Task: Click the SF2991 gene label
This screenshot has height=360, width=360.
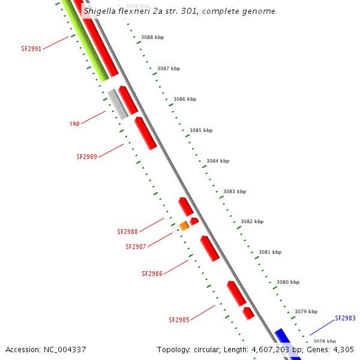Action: pos(31,49)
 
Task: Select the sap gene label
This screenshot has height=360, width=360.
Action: pos(74,123)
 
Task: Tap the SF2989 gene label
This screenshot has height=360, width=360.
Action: pos(86,157)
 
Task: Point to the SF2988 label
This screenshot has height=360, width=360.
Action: pos(127,232)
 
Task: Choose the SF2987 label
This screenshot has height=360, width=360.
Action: pos(136,247)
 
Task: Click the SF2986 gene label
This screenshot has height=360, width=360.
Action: pos(152,274)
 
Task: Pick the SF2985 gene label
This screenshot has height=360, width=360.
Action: pos(179,320)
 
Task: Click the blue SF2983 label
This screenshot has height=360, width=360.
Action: pos(345,318)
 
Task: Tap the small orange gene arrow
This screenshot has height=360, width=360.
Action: pos(184,226)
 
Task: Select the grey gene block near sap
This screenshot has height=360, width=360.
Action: pos(118,104)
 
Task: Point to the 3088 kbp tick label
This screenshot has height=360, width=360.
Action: pos(152,37)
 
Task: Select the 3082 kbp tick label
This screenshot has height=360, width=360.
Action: pos(252,221)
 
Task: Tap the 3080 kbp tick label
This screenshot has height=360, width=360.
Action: pos(288,282)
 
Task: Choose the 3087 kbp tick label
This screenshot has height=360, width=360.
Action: pos(169,68)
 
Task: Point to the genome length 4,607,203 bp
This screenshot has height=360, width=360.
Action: pos(277,349)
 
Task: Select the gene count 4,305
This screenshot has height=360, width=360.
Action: pos(343,349)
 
